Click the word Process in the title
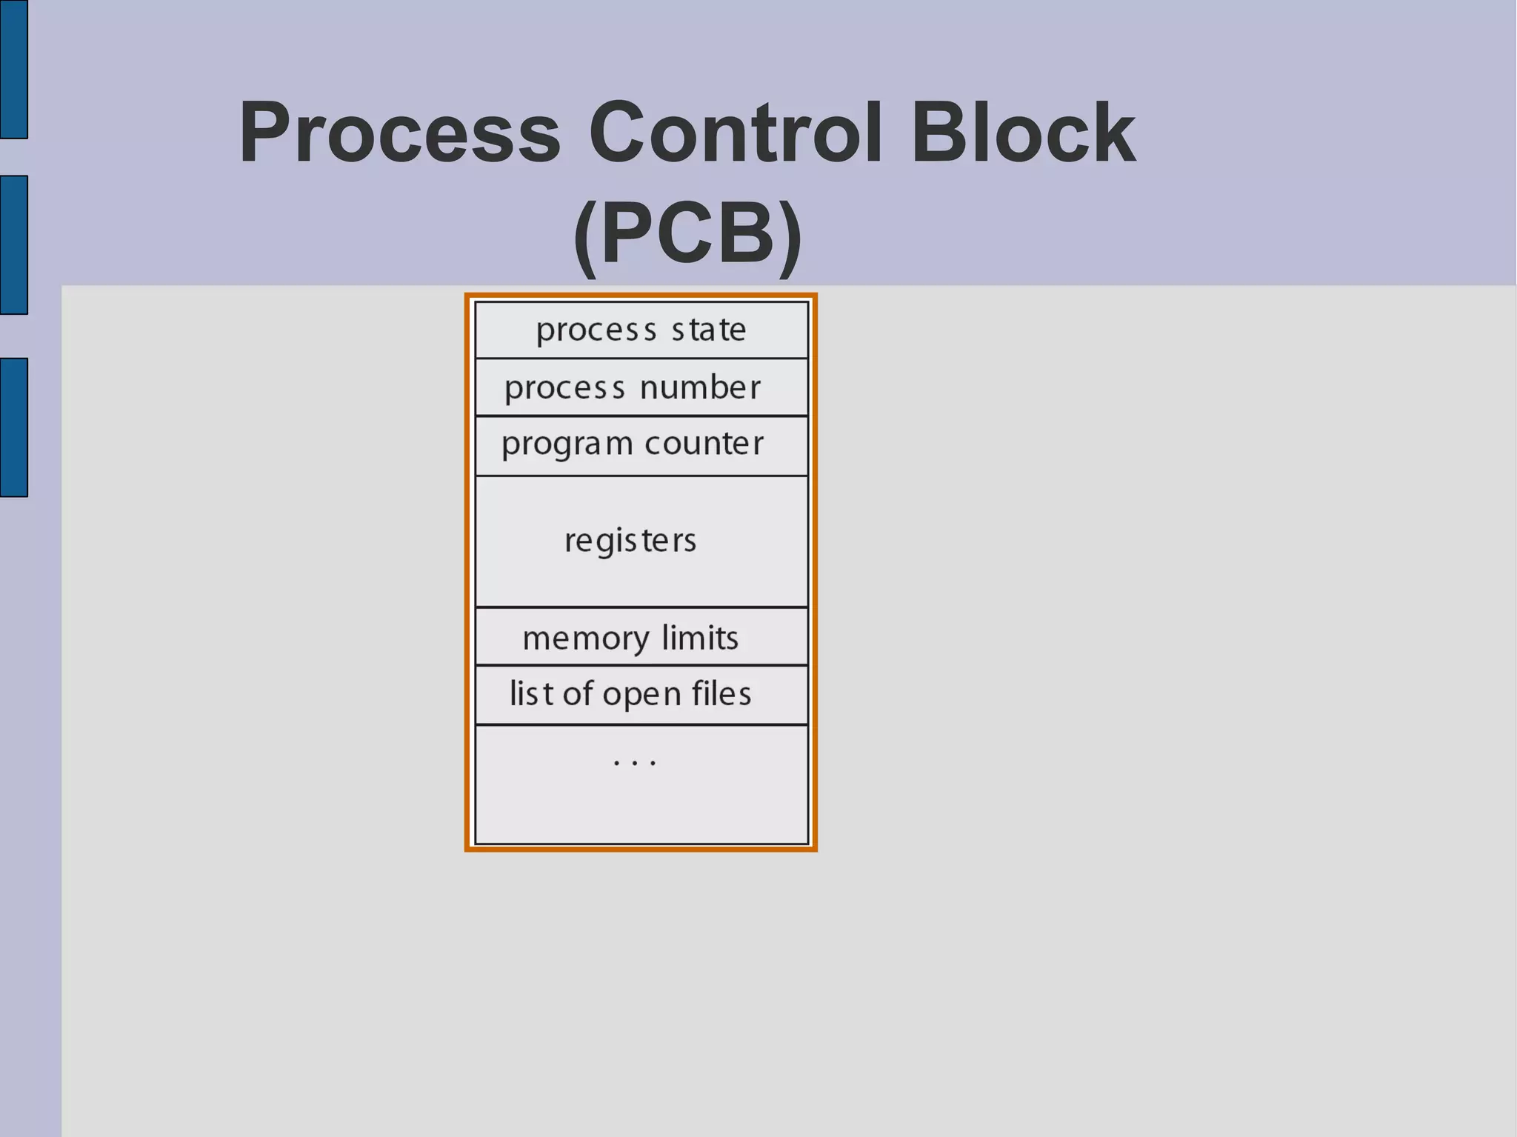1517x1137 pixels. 400,133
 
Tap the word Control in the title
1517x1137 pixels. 736,133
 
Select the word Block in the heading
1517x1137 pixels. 1023,133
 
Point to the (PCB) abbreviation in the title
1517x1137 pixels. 687,234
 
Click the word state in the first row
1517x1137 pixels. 708,330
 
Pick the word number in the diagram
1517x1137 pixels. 700,387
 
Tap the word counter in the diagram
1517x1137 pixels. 704,444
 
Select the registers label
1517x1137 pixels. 630,541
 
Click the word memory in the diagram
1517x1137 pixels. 586,638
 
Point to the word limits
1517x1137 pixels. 700,638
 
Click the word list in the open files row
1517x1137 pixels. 531,694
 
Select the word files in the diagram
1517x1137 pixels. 721,694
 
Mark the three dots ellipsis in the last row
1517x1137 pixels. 635,762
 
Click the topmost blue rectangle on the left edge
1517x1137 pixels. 13,69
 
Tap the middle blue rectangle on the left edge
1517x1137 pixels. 13,244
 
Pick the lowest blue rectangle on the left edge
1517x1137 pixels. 13,427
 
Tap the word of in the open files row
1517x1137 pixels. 578,694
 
